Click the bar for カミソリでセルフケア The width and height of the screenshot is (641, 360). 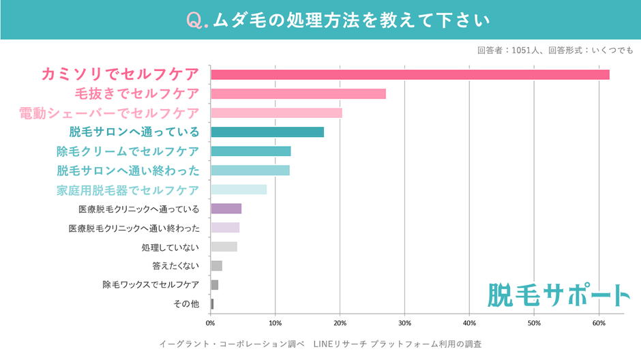(x=409, y=74)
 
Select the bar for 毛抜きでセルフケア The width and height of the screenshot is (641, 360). (x=298, y=93)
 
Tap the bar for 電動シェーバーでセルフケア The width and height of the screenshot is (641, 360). (x=276, y=112)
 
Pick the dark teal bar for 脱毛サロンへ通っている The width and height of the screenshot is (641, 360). (x=267, y=132)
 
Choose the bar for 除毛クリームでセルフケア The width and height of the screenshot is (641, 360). (x=250, y=151)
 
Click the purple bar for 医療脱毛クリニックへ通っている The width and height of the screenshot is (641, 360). (x=226, y=209)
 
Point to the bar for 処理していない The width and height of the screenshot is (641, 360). (x=224, y=247)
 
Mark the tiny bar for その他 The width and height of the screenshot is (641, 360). (x=212, y=304)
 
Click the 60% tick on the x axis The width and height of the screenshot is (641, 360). (x=598, y=323)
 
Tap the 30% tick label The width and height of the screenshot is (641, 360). (x=404, y=323)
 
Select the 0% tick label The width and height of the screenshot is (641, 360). (x=210, y=323)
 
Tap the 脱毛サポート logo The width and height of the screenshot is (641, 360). (x=558, y=295)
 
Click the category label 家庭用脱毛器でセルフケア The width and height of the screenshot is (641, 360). (x=128, y=190)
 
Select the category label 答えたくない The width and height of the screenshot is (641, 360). (x=176, y=266)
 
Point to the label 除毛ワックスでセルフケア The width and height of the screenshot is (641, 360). (x=151, y=285)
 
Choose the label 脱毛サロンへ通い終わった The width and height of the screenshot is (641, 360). (x=128, y=170)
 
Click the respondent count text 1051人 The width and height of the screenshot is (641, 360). (x=524, y=50)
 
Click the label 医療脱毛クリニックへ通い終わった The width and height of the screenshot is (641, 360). (x=134, y=228)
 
